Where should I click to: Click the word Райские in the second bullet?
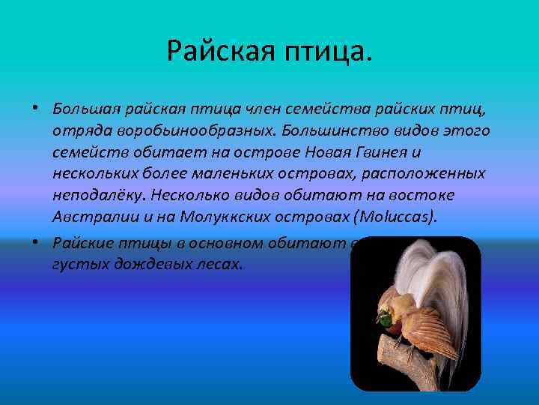pyautogui.click(x=82, y=243)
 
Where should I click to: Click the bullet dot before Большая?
pyautogui.click(x=36, y=109)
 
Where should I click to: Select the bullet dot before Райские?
pyautogui.click(x=36, y=242)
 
